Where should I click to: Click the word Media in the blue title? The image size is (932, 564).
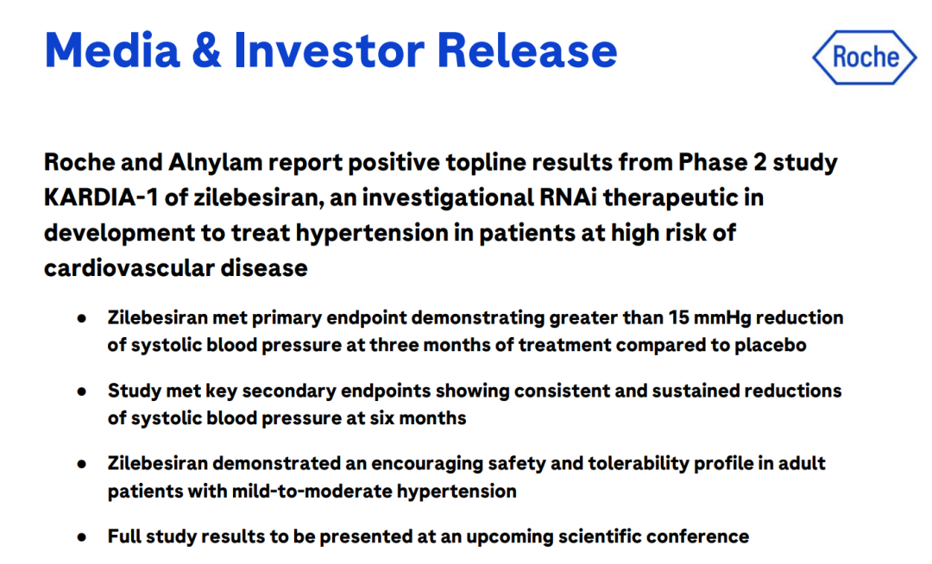click(x=111, y=51)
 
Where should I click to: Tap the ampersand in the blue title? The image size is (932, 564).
click(x=206, y=51)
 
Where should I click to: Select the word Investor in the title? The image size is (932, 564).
click(x=330, y=51)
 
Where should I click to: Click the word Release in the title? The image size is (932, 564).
click(x=527, y=51)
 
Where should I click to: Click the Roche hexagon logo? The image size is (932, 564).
click(x=865, y=57)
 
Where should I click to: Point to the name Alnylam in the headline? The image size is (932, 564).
click(x=215, y=163)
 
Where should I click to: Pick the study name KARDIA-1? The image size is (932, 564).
click(x=101, y=197)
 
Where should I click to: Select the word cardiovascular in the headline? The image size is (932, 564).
click(x=129, y=268)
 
